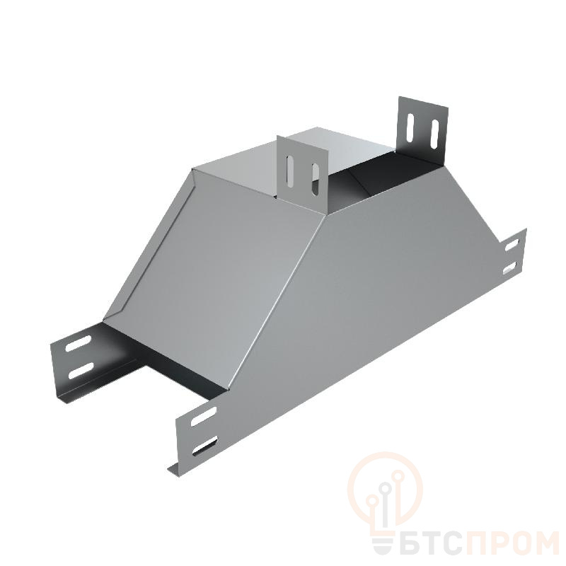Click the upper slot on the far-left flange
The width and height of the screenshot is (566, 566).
[78, 343]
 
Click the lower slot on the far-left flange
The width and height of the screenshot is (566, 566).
[81, 370]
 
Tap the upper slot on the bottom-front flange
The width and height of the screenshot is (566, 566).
[204, 417]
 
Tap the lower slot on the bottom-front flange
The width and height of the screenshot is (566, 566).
[205, 446]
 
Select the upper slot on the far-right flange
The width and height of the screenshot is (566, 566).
[512, 246]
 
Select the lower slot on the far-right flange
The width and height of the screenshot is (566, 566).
[511, 268]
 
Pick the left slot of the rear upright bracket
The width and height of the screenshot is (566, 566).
[411, 127]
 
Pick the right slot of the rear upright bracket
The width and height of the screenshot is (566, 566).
[434, 134]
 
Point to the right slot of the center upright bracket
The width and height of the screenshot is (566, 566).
[316, 180]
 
